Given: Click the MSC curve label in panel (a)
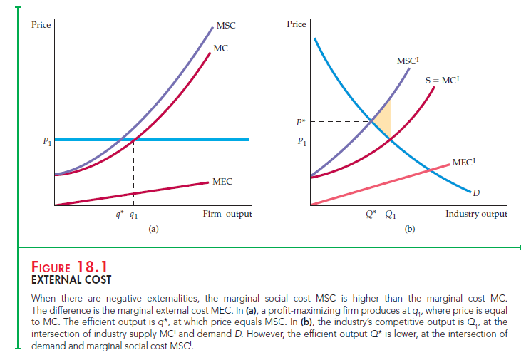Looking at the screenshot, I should tap(225, 26).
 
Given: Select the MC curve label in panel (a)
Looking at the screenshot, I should tap(220, 48).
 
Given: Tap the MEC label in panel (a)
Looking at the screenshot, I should tap(221, 183).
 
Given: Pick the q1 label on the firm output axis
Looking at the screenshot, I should tap(134, 215).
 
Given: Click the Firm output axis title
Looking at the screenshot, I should tap(227, 214).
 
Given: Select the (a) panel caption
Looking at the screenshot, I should tap(153, 230).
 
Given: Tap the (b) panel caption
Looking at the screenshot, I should tap(409, 230).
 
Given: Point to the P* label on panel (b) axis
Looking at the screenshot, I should tap(302, 121).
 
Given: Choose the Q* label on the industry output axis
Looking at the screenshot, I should tap(371, 215).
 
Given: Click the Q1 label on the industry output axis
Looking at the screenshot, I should tap(391, 215).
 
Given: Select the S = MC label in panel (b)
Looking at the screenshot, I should tap(440, 81).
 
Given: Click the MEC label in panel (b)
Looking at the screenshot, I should tap(464, 163).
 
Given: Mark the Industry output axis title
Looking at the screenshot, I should tap(476, 214).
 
